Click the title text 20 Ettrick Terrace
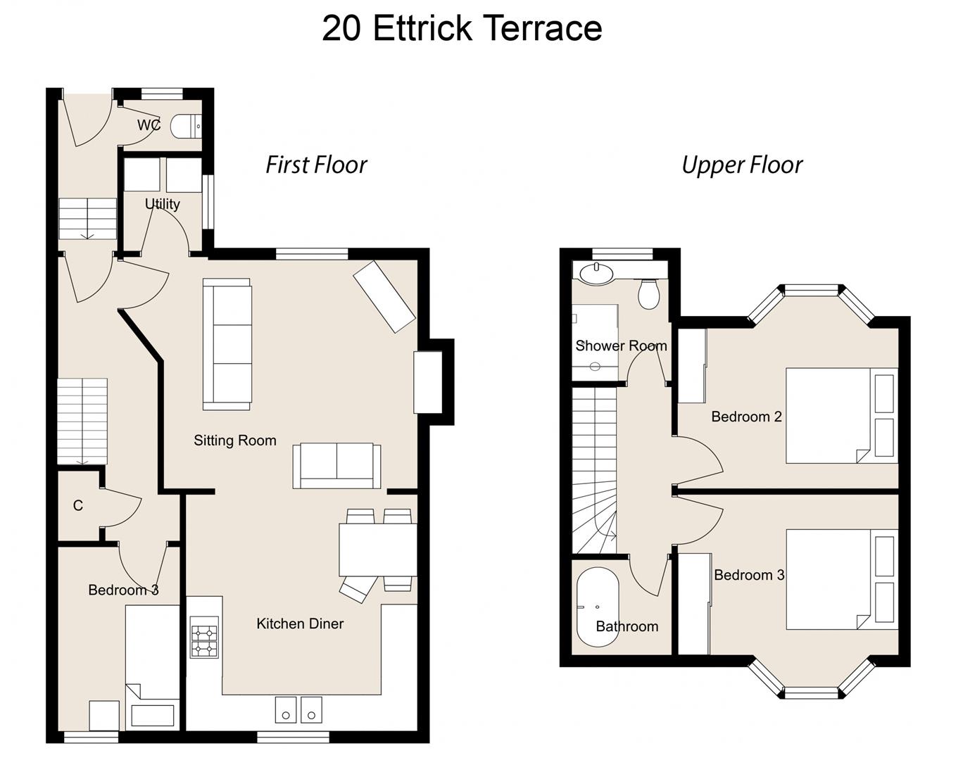462,29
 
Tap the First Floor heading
316,165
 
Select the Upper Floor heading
741,165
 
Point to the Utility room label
162,204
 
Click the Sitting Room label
234,441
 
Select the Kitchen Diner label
300,623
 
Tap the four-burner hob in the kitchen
204,638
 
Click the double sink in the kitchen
298,709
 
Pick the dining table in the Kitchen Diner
378,550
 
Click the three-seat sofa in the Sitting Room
227,344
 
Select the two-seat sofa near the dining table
336,466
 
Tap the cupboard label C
77,505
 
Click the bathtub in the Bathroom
598,607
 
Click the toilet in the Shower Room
648,293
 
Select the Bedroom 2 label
746,417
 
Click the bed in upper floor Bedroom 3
841,579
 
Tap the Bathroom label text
627,626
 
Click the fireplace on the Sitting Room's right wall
428,382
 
